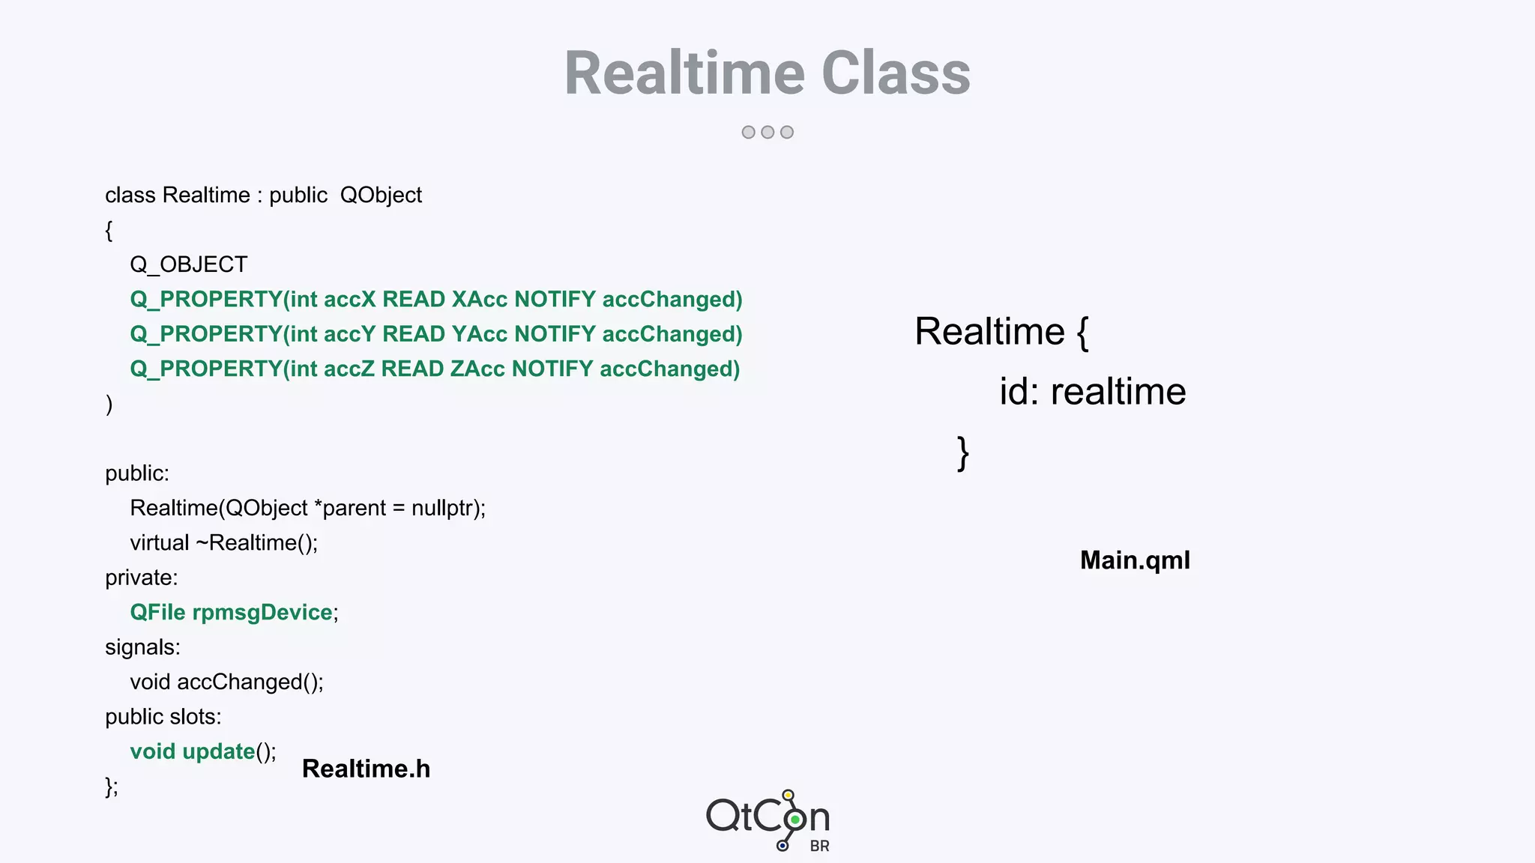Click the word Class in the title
[896, 73]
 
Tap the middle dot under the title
[767, 132]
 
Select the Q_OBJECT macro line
[188, 264]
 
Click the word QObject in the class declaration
[381, 196]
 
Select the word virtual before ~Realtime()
[160, 543]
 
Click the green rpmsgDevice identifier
[262, 613]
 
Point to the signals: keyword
[142, 647]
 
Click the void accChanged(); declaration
[226, 682]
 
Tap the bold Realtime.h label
[366, 769]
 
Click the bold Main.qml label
[1135, 560]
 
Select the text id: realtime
[1092, 392]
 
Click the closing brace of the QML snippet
[963, 453]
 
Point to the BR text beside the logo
[819, 847]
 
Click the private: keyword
[142, 578]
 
